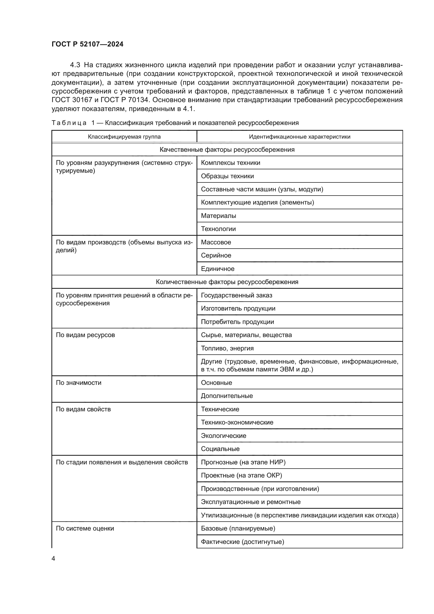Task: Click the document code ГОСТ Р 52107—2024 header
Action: click(x=87, y=44)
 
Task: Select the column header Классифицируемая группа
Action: click(x=124, y=137)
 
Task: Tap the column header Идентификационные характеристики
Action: click(x=299, y=137)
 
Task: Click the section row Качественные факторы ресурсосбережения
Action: click(x=227, y=149)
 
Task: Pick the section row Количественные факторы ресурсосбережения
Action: click(x=227, y=282)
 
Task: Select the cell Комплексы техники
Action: click(x=230, y=162)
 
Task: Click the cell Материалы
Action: click(x=218, y=216)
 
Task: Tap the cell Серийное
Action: click(x=216, y=255)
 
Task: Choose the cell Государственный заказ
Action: click(x=236, y=295)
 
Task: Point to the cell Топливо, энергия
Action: click(x=227, y=348)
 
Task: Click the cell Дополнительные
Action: click(x=227, y=396)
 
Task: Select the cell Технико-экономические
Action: click(x=237, y=422)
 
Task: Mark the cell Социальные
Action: click(x=220, y=449)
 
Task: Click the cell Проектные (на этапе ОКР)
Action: click(x=241, y=475)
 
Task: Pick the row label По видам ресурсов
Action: click(x=85, y=335)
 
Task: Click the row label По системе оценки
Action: click(x=85, y=528)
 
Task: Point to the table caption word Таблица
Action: click(x=69, y=123)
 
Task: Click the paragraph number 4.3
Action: click(x=75, y=65)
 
